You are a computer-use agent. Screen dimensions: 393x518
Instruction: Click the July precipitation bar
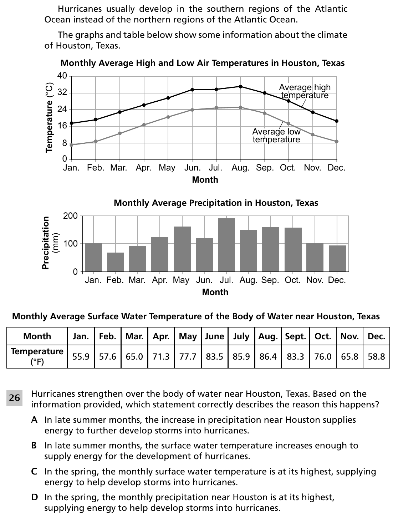[x=226, y=245]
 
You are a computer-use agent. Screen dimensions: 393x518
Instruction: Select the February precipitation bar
[x=115, y=262]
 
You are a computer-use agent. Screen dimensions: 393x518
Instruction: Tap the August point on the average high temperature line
[x=240, y=87]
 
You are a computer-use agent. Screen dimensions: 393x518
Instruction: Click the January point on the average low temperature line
[x=71, y=145]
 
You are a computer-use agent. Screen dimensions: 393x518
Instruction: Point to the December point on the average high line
[x=337, y=121]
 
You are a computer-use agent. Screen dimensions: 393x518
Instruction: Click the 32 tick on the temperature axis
[x=62, y=92]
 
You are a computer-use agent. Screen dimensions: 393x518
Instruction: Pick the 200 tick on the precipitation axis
[x=70, y=216]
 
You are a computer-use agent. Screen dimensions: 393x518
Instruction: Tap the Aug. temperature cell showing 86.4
[x=268, y=356]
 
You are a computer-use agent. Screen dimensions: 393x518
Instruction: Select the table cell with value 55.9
[x=81, y=356]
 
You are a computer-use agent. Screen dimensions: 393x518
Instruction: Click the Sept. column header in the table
[x=295, y=336]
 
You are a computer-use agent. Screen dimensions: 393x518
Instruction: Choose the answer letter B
[x=34, y=445]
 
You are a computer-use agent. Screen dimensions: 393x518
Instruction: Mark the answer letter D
[x=35, y=497]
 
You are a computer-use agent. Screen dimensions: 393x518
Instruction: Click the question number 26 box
[x=14, y=398]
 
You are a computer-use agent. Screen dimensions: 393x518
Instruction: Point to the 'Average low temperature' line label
[x=276, y=136]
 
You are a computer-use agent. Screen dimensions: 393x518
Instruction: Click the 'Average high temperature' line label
[x=305, y=91]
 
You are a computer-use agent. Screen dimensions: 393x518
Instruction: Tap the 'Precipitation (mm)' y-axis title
[x=50, y=243]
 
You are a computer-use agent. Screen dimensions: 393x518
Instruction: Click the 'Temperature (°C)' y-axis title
[x=49, y=117]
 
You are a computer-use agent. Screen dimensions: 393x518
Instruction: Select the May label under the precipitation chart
[x=181, y=280]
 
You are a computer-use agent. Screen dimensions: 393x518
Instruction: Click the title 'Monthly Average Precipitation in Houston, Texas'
[x=216, y=203]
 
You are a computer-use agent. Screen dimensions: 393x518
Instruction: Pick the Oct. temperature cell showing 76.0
[x=323, y=356]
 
